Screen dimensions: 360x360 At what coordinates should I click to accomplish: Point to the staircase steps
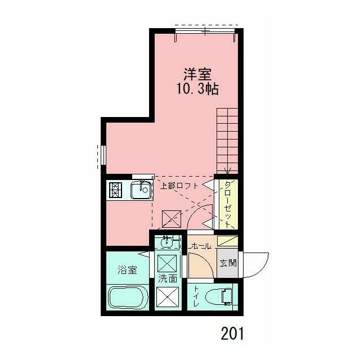point(228,141)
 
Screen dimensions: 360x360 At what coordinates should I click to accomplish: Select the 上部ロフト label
point(179,186)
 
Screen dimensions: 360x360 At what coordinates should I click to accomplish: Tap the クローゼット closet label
point(228,204)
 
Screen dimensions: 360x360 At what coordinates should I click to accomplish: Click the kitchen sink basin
point(141,191)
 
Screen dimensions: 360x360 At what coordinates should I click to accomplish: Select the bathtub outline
point(127,297)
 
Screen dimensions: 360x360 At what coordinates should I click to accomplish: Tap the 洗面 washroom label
point(168,278)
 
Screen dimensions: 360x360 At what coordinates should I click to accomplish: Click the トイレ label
point(196,296)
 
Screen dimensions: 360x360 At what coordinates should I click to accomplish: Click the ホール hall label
point(200,246)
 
